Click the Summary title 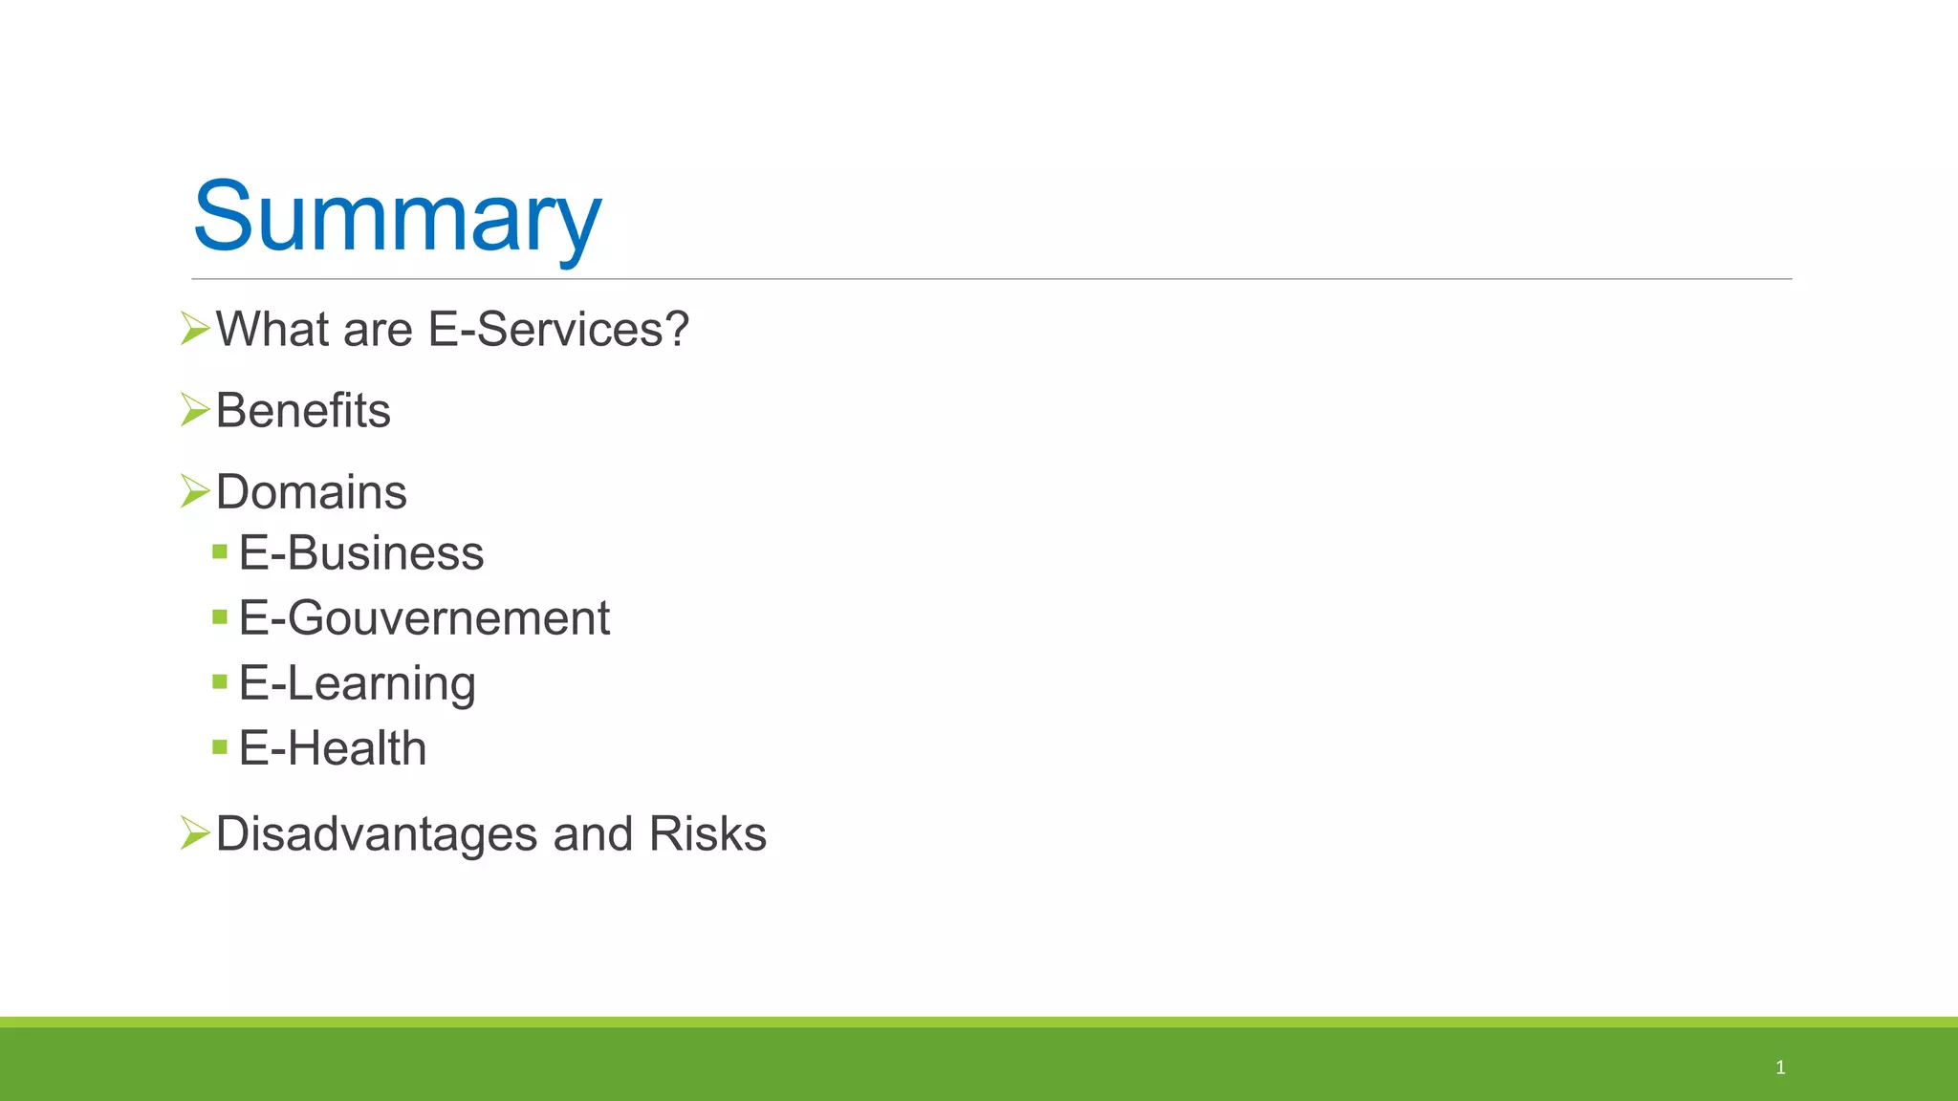pos(397,218)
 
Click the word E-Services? pos(558,330)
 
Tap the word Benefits pos(303,411)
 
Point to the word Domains pos(312,492)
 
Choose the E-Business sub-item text pos(361,553)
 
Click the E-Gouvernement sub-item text pos(424,618)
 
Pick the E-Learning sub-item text pos(357,683)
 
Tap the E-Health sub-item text pos(333,748)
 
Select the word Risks pos(707,834)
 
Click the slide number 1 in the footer pos(1780,1068)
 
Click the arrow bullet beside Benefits pos(195,410)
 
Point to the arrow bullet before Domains pos(195,491)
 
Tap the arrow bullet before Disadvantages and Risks pos(195,833)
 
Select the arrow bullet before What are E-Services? pos(195,329)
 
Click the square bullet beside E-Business pos(220,551)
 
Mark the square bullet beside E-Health pos(220,746)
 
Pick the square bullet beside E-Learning pos(220,681)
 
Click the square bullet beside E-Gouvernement pos(220,616)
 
